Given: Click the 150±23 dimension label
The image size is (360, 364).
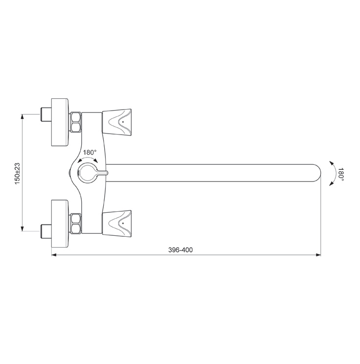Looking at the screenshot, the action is pyautogui.click(x=18, y=173).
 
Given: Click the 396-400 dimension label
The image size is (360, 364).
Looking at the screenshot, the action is pyautogui.click(x=180, y=250).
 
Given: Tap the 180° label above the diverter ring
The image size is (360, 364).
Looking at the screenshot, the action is pyautogui.click(x=90, y=153).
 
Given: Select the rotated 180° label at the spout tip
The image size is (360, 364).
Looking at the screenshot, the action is pyautogui.click(x=340, y=173).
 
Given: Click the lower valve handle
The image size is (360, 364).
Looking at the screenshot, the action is pyautogui.click(x=117, y=224).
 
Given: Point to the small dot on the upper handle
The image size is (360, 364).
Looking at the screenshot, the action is pyautogui.click(x=123, y=122).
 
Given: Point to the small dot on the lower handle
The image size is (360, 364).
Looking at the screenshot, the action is pyautogui.click(x=123, y=223).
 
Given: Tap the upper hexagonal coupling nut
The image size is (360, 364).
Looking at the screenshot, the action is pyautogui.click(x=76, y=122).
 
